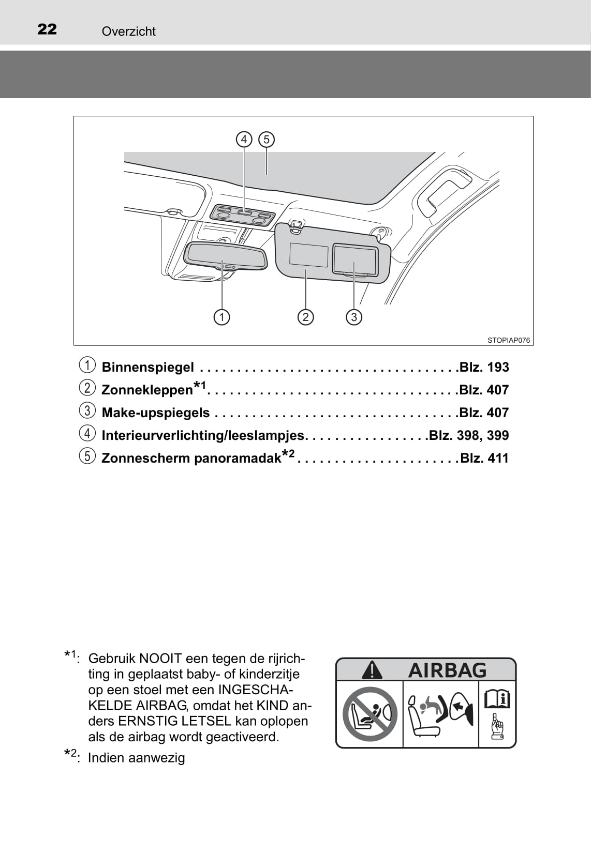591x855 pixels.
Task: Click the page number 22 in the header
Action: pos(47,29)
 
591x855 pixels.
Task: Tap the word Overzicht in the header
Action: pos(128,32)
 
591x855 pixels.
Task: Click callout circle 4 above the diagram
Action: pos(244,140)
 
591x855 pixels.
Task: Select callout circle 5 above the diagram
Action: pos(267,140)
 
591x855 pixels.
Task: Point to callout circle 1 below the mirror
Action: pos(221,317)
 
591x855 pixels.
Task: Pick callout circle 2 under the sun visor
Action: pos(306,317)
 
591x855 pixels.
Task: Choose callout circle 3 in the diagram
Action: pos(354,317)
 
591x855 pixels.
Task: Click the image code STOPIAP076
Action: pos(508,340)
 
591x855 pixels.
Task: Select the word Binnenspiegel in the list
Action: pos(148,368)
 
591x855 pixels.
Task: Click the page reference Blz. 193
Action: pos(484,368)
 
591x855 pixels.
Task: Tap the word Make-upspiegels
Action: pos(156,413)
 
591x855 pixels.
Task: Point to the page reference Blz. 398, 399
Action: pos(469,435)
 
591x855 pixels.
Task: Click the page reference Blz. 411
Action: pos(484,458)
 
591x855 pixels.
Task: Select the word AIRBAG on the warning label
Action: pos(448,670)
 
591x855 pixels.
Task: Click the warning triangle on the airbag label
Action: pos(372,670)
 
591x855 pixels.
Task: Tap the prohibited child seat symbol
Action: pos(370,714)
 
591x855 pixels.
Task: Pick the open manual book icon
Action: pos(497,699)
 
